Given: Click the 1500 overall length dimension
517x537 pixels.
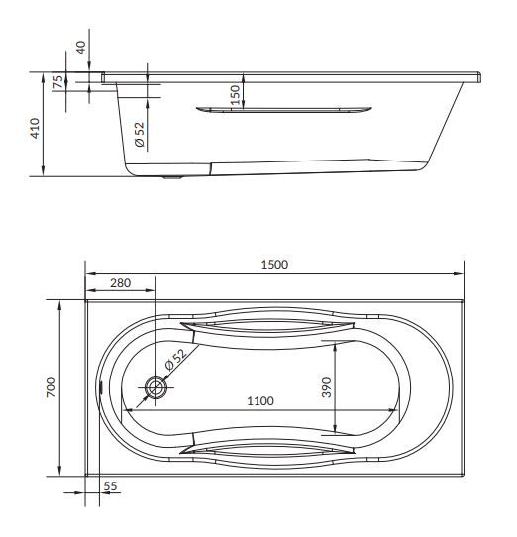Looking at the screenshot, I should (273, 264).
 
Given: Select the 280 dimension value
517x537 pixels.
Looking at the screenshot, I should (120, 283).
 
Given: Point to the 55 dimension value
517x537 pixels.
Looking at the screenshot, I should (109, 486).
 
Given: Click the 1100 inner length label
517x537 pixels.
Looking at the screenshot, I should (259, 400).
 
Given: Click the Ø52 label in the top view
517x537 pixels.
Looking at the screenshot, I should (175, 364).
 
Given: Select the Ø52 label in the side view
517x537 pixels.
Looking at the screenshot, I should (140, 135).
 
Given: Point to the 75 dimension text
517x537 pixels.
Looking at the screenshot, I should (58, 82).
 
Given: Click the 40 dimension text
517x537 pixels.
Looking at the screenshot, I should (81, 47).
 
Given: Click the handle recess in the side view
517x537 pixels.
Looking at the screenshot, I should (285, 110).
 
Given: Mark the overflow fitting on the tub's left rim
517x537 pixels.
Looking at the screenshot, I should (102, 388).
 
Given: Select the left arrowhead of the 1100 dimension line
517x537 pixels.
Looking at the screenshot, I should (126, 409).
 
